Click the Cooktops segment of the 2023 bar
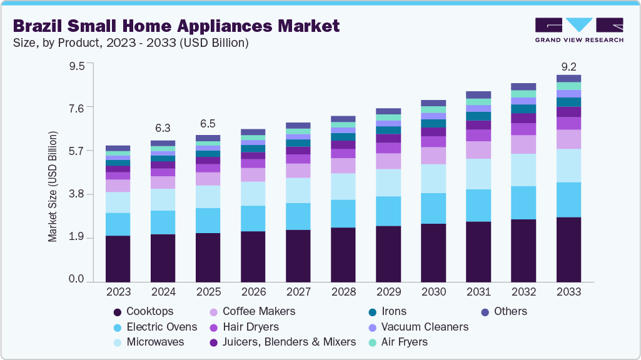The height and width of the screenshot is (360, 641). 118,258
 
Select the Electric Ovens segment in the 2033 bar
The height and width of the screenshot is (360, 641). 568,199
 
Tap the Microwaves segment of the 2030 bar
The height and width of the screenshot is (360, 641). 433,178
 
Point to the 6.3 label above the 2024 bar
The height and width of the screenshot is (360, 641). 163,128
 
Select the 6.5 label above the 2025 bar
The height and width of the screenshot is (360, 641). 208,123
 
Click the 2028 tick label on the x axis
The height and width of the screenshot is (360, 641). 343,292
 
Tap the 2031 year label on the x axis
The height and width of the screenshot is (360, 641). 478,292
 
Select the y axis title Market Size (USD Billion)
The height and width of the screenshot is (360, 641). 53,187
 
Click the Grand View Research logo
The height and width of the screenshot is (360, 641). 578,29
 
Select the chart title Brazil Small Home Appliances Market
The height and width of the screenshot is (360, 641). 176,26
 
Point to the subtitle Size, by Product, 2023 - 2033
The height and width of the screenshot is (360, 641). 131,43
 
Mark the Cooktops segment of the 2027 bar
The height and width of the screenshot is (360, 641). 298,256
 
